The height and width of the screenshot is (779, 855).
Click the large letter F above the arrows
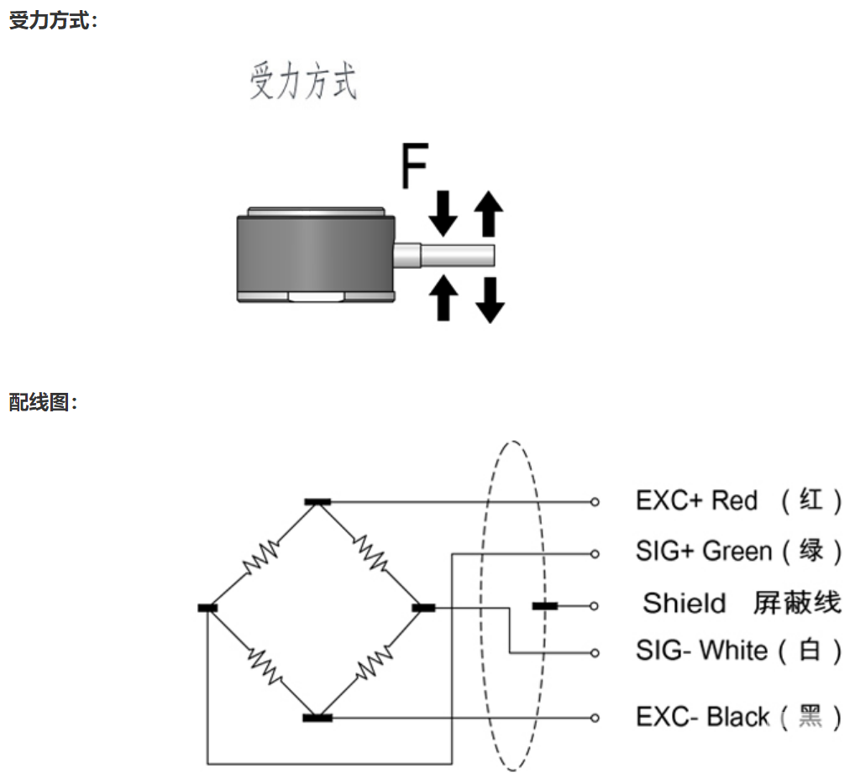pos(414,166)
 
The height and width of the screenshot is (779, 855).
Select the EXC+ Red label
pos(696,501)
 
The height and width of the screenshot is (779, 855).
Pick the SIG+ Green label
pos(703,552)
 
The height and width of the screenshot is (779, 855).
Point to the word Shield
pos(684,603)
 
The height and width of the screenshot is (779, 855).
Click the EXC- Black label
pos(703,717)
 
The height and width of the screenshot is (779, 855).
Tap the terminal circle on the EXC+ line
pos(595,502)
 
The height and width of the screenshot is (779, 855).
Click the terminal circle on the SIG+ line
pos(595,553)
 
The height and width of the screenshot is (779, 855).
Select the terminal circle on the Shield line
pos(595,605)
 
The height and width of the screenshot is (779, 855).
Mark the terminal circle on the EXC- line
pos(595,718)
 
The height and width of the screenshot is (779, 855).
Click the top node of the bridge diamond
pos(317,502)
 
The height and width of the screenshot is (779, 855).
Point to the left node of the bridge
pos(207,608)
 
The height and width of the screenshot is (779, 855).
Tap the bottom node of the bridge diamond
pos(317,718)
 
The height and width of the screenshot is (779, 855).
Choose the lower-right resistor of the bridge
pos(373,662)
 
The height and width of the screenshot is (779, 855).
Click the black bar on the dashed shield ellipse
pos(544,605)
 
